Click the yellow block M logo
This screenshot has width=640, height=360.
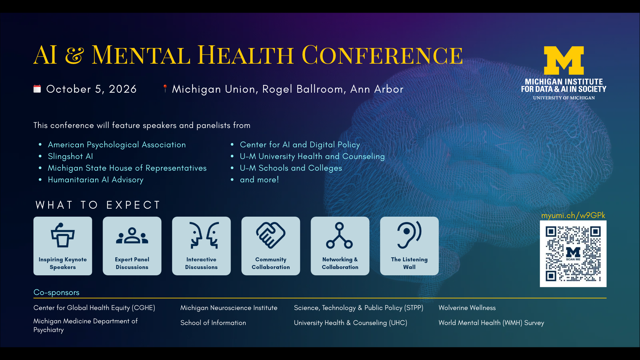click(564, 60)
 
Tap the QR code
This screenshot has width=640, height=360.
click(573, 254)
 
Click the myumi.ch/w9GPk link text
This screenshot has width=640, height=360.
click(573, 215)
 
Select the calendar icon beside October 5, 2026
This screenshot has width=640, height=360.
click(37, 89)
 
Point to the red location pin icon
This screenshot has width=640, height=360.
click(165, 88)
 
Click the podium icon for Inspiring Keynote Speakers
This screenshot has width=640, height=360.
click(63, 235)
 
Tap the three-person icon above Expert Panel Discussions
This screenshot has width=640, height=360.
click(132, 236)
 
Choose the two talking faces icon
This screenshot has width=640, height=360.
click(204, 235)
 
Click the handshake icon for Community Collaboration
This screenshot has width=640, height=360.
click(271, 235)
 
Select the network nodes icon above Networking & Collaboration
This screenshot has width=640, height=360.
click(339, 235)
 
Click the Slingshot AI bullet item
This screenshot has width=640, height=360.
click(70, 156)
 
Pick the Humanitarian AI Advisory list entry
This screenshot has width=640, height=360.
click(96, 180)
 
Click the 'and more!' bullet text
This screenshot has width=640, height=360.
click(259, 180)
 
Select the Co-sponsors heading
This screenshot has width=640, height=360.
click(56, 292)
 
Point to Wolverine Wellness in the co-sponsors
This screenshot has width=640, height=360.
click(467, 308)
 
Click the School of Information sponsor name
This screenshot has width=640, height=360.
click(213, 323)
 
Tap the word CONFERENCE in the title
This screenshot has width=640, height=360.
click(382, 55)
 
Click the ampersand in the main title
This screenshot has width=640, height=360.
click(74, 55)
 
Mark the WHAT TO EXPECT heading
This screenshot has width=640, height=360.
click(98, 205)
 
